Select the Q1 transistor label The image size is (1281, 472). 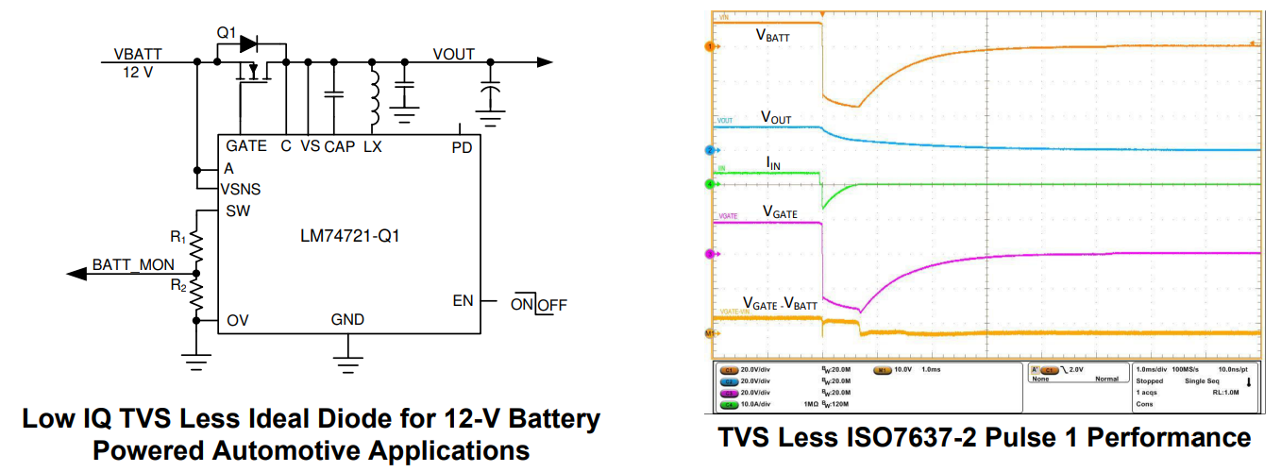[x=227, y=32]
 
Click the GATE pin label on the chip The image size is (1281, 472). [x=246, y=146]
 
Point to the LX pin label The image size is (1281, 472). [x=373, y=146]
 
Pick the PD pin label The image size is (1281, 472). [x=462, y=147]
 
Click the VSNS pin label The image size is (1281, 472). [x=241, y=189]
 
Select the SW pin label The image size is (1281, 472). [x=238, y=211]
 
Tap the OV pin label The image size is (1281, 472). [x=237, y=321]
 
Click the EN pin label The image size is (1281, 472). [x=463, y=301]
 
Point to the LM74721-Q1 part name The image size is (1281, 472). [x=348, y=235]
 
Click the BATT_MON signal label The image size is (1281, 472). [x=133, y=265]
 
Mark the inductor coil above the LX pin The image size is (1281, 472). [x=374, y=92]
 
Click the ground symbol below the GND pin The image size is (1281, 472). [x=348, y=357]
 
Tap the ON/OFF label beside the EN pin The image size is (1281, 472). [x=539, y=304]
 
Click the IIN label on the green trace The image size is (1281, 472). [x=773, y=164]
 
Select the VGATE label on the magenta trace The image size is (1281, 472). [x=779, y=213]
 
